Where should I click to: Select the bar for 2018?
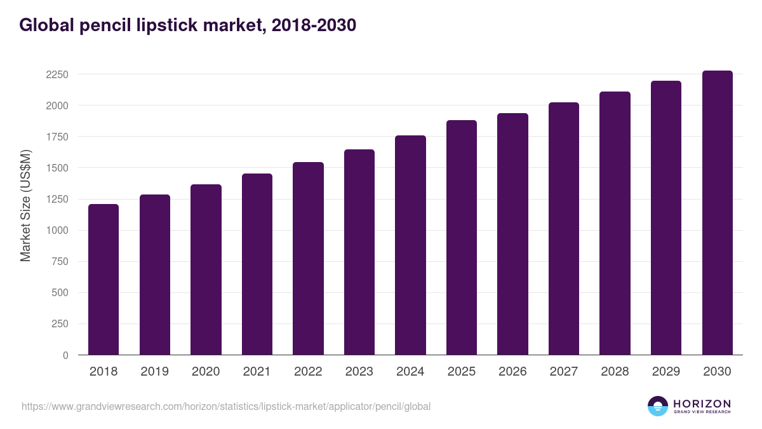(x=104, y=280)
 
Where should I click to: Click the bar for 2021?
(x=257, y=264)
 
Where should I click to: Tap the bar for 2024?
(x=410, y=245)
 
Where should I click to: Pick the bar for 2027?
(x=564, y=229)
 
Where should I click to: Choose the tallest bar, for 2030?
(x=718, y=213)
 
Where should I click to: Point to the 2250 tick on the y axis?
(x=57, y=74)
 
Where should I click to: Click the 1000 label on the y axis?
(x=57, y=231)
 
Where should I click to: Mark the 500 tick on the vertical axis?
(x=60, y=293)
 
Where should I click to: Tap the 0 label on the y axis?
(x=65, y=355)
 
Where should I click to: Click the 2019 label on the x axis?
(x=154, y=372)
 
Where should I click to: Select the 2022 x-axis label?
(x=308, y=372)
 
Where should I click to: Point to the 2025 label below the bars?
(x=461, y=372)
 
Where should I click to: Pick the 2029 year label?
(x=666, y=372)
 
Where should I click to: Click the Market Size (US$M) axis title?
(x=25, y=205)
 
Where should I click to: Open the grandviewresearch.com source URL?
(x=226, y=406)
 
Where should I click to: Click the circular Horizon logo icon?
(x=658, y=406)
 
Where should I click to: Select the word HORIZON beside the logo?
(x=702, y=404)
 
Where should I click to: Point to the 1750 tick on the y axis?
(x=57, y=137)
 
